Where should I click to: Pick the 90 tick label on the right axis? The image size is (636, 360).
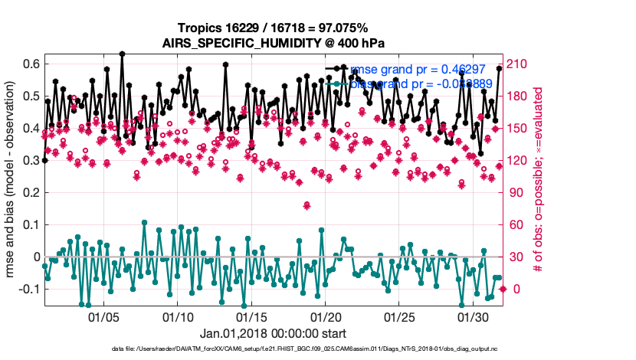pyautogui.click(x=516, y=192)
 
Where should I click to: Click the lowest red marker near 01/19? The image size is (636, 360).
pyautogui.click(x=307, y=205)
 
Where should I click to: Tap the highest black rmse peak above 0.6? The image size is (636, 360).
pyautogui.click(x=122, y=54)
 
